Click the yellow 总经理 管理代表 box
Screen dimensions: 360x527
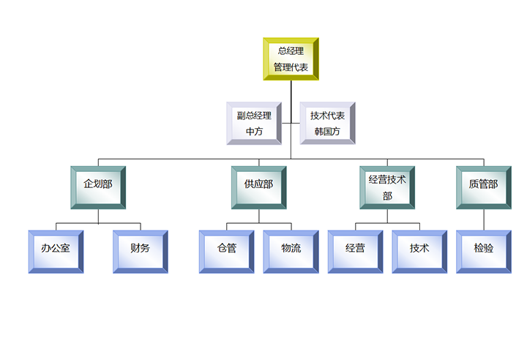291,59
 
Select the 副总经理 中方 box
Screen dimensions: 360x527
254,123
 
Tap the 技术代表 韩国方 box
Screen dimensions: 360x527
327,123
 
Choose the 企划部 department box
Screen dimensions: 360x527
98,187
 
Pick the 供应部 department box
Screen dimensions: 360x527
258,187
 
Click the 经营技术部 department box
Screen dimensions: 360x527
387,187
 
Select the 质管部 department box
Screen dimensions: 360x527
483,187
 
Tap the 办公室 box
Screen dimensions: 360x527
56,252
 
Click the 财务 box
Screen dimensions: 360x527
141,252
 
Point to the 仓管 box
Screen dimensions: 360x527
227,252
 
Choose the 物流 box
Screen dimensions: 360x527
291,252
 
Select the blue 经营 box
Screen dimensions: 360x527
355,252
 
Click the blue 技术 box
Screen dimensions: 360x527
419,252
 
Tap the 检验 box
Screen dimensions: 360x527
483,252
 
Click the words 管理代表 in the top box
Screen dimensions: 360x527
291,67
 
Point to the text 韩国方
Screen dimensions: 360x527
327,132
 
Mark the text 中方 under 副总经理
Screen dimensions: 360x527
254,132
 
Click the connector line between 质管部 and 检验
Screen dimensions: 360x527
483,220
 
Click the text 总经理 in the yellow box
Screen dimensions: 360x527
291,50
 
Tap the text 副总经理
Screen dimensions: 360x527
254,115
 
